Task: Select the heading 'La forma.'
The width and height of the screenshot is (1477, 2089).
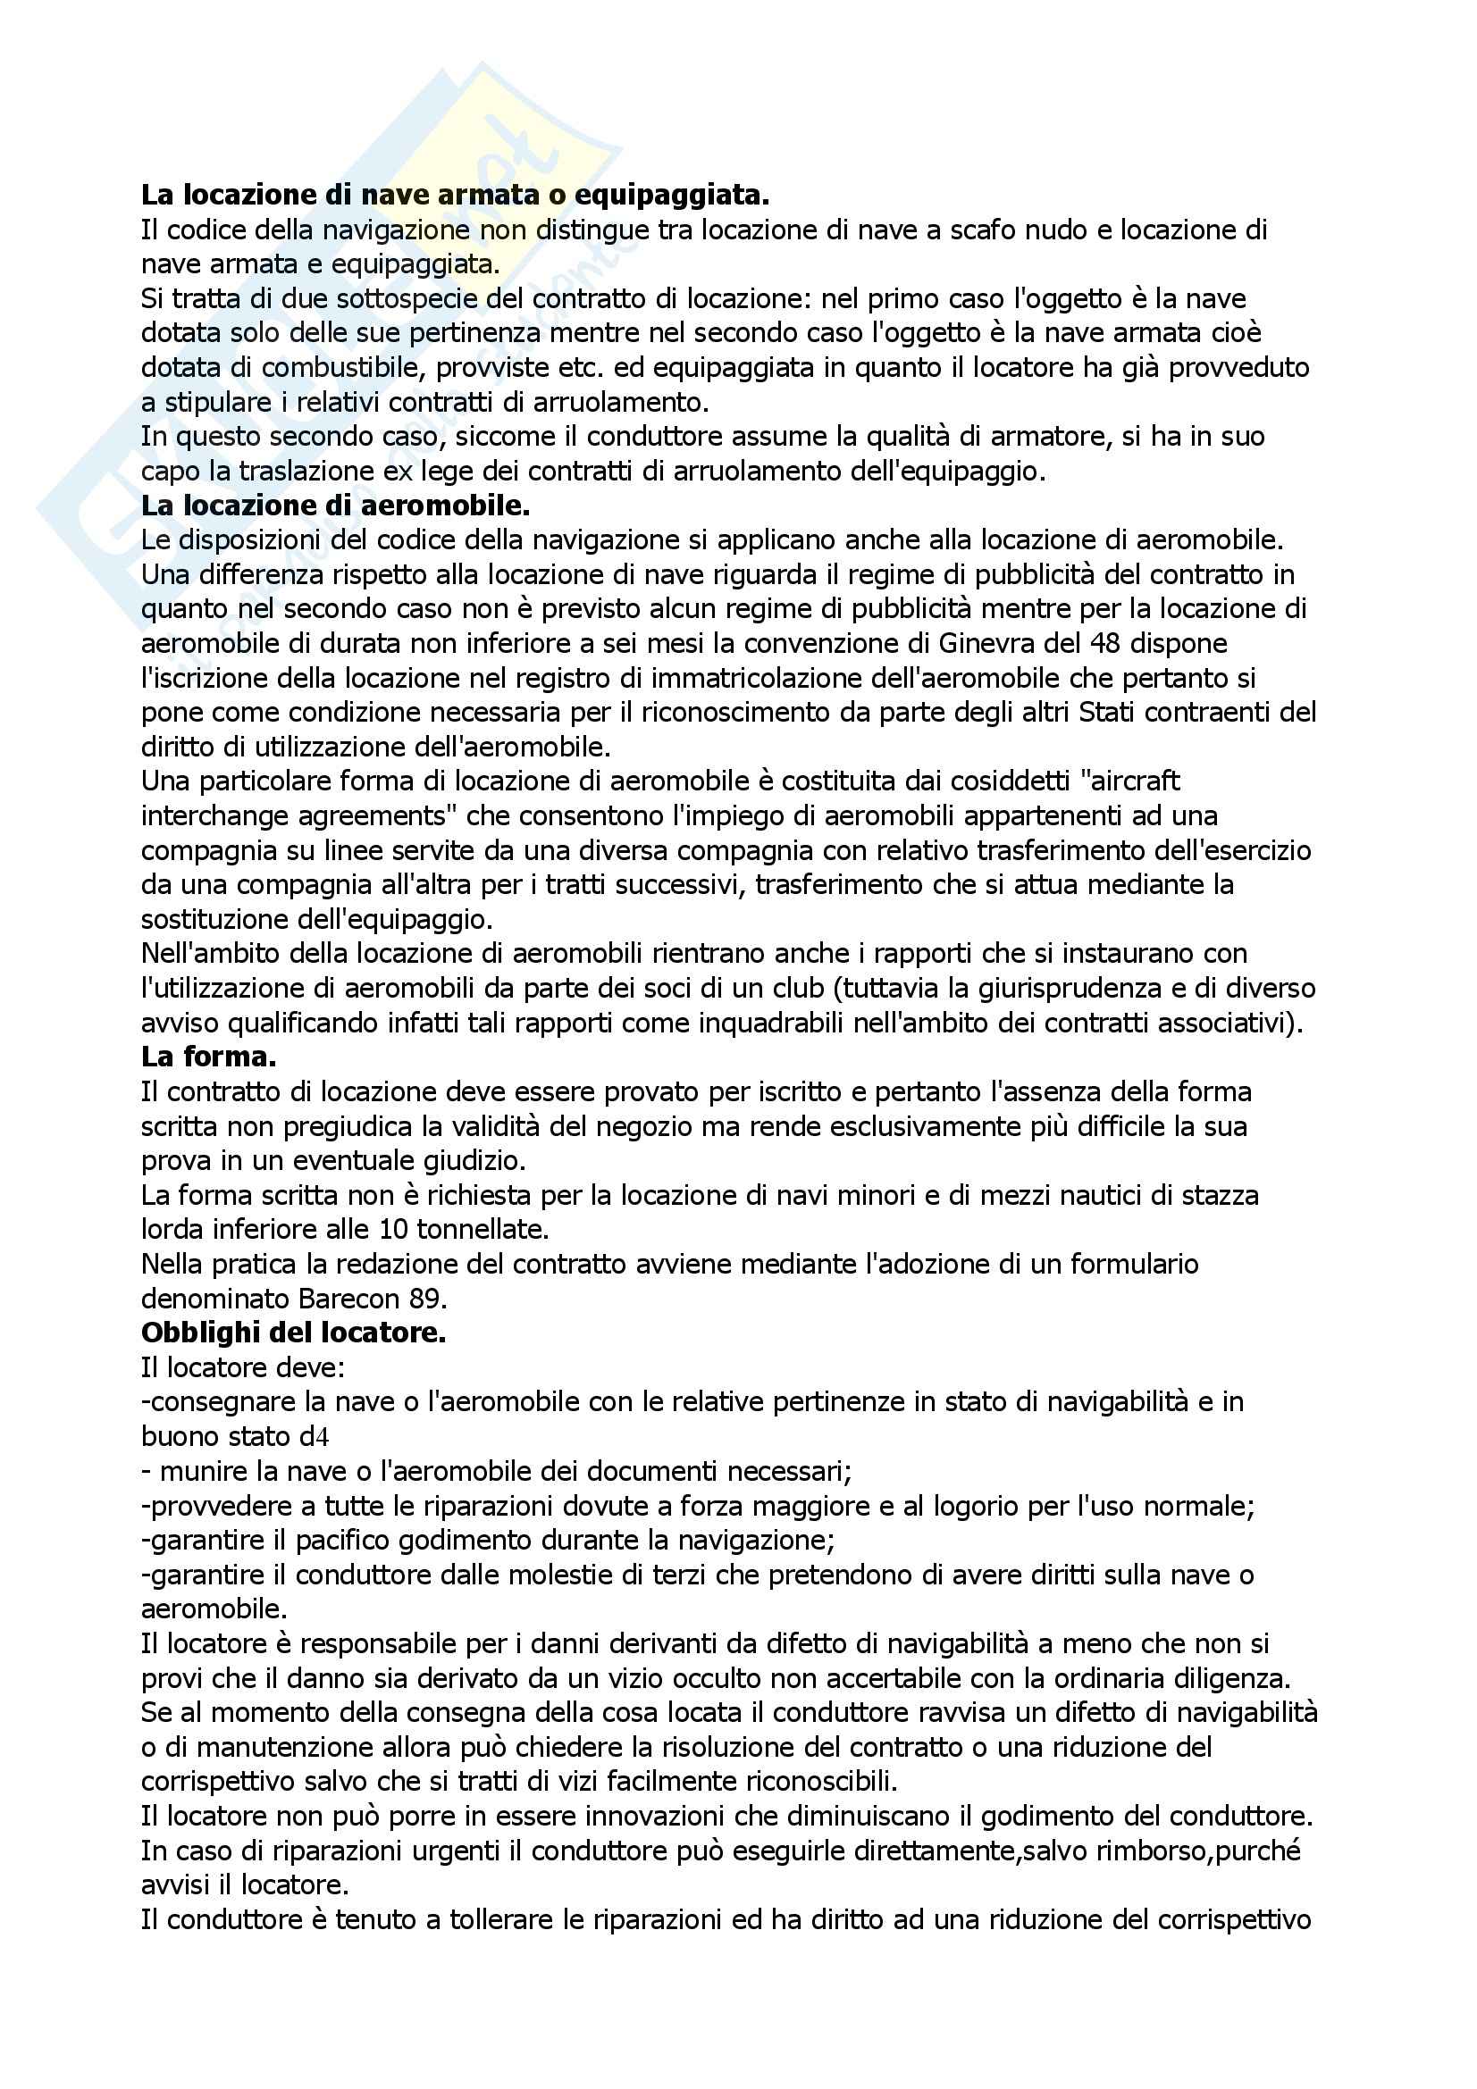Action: click(x=208, y=1057)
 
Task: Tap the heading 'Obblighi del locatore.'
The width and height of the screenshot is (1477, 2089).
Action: click(x=293, y=1333)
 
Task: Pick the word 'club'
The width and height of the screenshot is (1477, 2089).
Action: click(x=914, y=987)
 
